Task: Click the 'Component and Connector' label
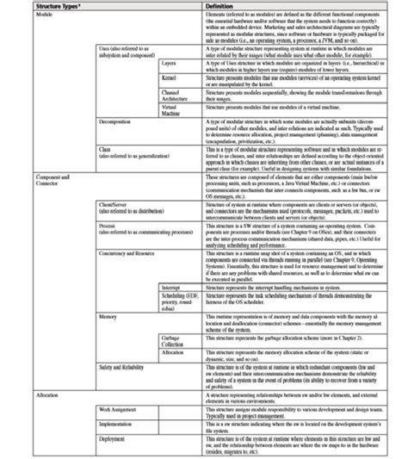52,177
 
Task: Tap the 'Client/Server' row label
120,204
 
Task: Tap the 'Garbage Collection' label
172,341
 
